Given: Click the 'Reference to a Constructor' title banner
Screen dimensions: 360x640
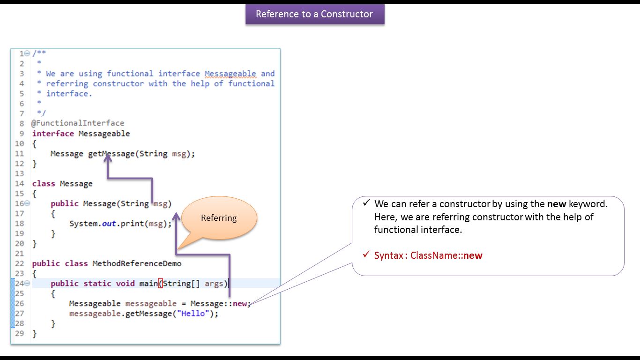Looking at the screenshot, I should [x=314, y=14].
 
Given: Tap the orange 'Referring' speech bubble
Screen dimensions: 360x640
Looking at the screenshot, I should [x=219, y=217].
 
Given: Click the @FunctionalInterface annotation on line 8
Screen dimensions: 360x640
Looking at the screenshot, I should [x=78, y=123].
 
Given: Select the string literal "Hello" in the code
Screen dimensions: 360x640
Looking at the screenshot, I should [x=192, y=314].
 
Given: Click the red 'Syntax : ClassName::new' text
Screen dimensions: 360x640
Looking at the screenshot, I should [x=428, y=255].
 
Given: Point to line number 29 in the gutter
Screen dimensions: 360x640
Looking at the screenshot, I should [x=19, y=334].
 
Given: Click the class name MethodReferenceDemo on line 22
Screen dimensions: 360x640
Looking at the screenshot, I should [x=137, y=263].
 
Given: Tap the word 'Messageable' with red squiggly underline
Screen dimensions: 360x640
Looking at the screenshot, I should [x=231, y=74].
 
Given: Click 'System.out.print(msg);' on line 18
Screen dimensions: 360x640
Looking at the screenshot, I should [x=120, y=224].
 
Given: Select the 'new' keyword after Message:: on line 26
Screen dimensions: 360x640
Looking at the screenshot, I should [x=240, y=303].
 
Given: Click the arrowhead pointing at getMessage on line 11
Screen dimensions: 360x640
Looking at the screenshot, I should [x=108, y=159].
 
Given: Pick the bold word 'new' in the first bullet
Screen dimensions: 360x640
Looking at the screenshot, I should [x=557, y=204].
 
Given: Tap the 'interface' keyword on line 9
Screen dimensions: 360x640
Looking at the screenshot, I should [x=53, y=134].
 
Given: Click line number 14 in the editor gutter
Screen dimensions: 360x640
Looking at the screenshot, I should [x=19, y=184].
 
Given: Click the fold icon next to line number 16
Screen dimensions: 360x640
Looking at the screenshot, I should [x=27, y=203].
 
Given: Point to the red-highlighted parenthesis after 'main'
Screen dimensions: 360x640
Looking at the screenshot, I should [x=160, y=284].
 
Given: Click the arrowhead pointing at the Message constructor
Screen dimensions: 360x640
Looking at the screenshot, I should [x=176, y=216].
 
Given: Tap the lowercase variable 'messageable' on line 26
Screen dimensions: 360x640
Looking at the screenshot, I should [x=151, y=303].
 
